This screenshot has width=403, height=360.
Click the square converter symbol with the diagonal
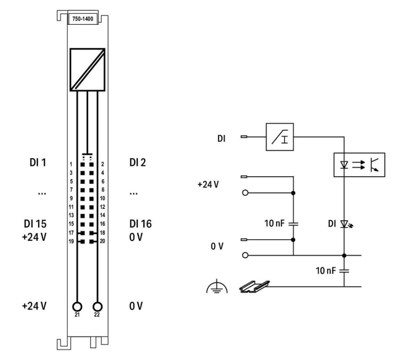pos(87,70)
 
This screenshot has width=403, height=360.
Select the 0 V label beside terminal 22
pos(136,305)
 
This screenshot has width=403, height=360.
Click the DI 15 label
pos(36,224)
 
